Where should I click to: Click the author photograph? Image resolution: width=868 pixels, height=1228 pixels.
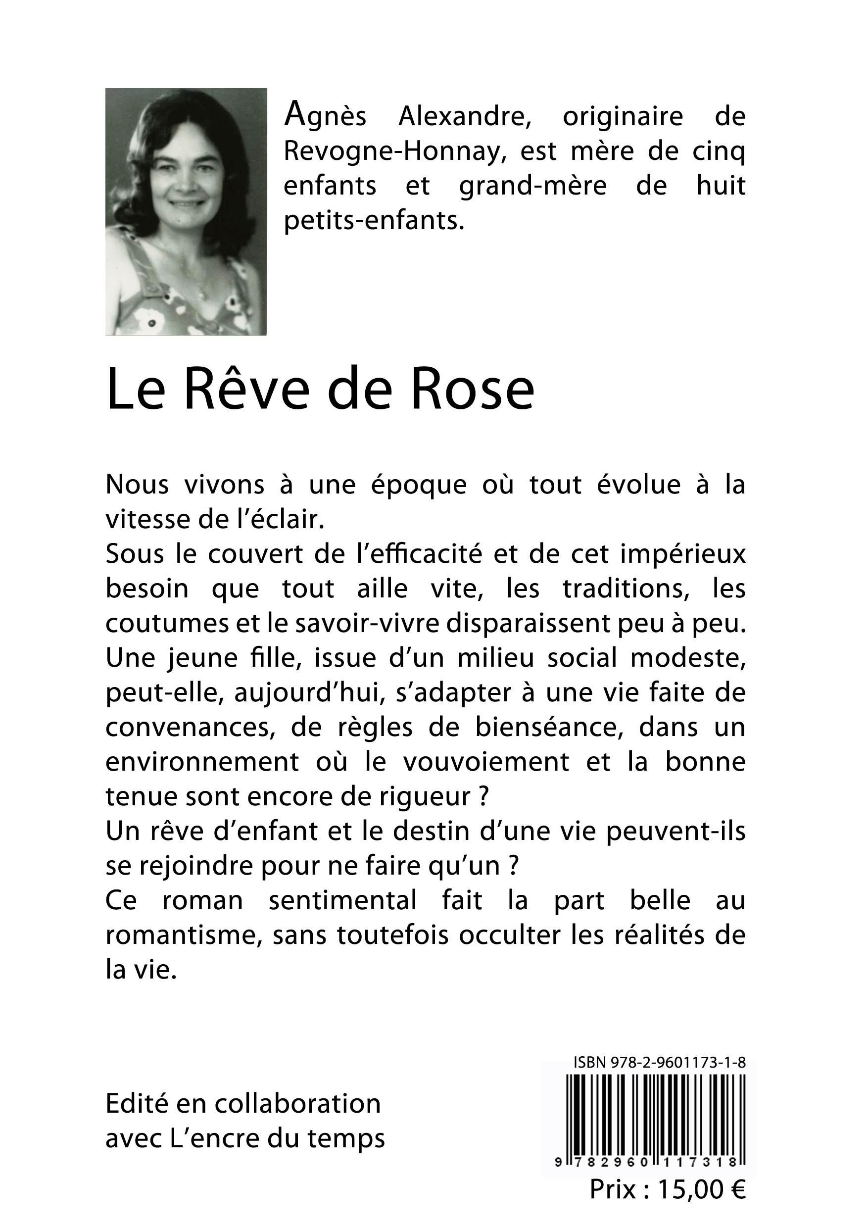tap(186, 211)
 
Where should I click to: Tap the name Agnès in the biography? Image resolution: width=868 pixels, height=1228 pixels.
tap(325, 117)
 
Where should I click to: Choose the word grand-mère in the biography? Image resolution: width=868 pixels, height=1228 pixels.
tap(532, 186)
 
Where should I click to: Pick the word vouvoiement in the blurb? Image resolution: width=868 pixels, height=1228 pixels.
tap(485, 762)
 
